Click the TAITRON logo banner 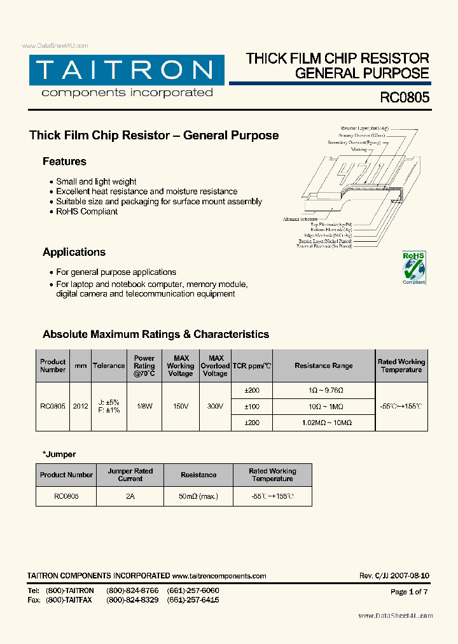(127, 70)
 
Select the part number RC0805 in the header (405, 98)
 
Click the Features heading (64, 162)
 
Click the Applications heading (74, 252)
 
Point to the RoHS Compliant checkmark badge (413, 268)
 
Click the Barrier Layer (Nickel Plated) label (324, 241)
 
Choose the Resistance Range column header (323, 366)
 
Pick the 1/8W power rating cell (144, 406)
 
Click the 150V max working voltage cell (180, 406)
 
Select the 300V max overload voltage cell (215, 406)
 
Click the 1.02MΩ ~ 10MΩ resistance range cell (323, 423)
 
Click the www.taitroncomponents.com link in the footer (219, 576)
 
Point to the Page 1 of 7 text (408, 592)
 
